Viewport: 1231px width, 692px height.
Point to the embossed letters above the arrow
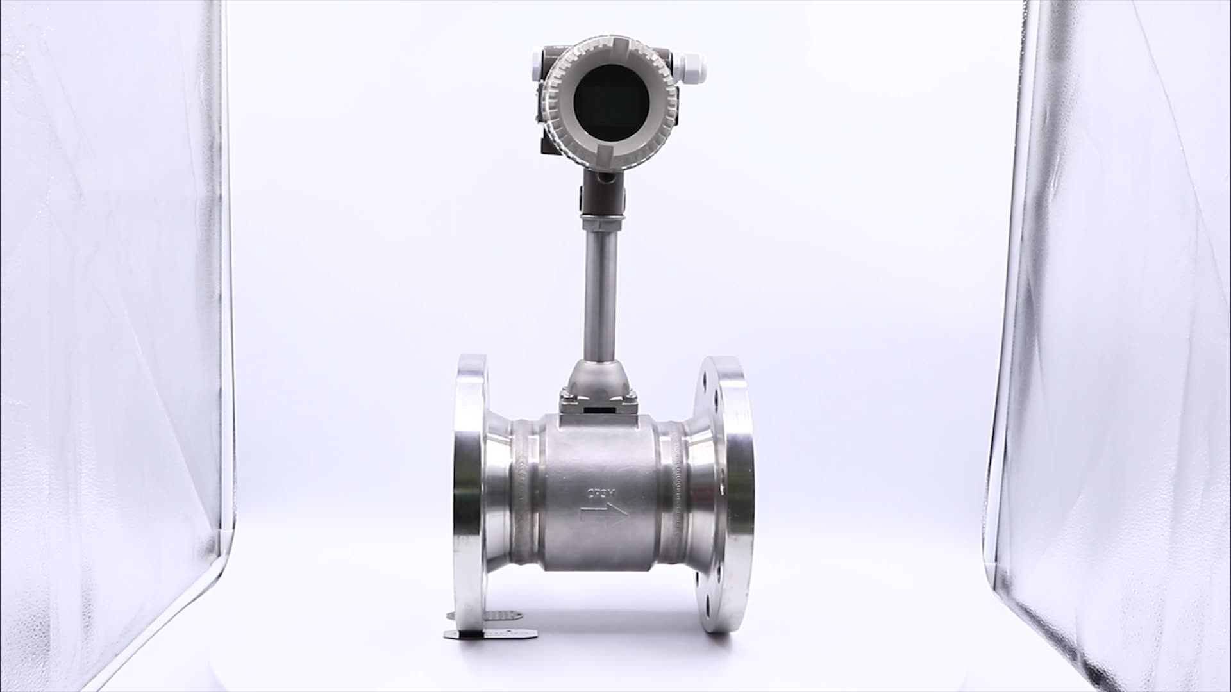(601, 493)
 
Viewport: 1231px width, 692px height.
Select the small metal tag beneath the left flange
(490, 632)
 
